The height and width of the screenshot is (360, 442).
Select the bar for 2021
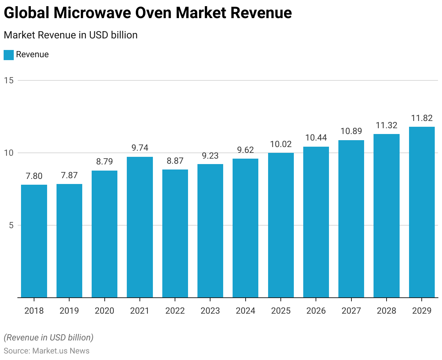[140, 227]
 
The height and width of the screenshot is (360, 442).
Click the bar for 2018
[34, 241]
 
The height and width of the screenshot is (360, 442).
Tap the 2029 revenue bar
[422, 212]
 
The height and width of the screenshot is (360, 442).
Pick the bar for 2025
[281, 225]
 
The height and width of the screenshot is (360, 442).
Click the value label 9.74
[140, 148]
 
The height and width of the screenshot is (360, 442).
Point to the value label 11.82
[422, 118]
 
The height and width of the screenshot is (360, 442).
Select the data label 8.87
[175, 161]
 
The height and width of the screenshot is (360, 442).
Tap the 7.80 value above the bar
[34, 176]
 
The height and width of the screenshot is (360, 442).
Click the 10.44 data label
[316, 138]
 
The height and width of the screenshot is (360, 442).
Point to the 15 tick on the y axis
[9, 80]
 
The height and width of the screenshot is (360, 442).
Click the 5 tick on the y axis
[11, 225]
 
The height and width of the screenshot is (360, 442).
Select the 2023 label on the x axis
[210, 311]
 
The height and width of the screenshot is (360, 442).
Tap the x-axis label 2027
[351, 311]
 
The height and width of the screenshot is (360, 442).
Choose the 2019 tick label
[69, 311]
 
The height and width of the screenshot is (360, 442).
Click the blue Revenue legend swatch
[9, 55]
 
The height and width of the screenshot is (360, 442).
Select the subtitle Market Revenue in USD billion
[71, 35]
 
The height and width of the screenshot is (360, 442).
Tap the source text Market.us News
[61, 351]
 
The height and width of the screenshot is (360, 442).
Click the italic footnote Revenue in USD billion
[49, 338]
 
